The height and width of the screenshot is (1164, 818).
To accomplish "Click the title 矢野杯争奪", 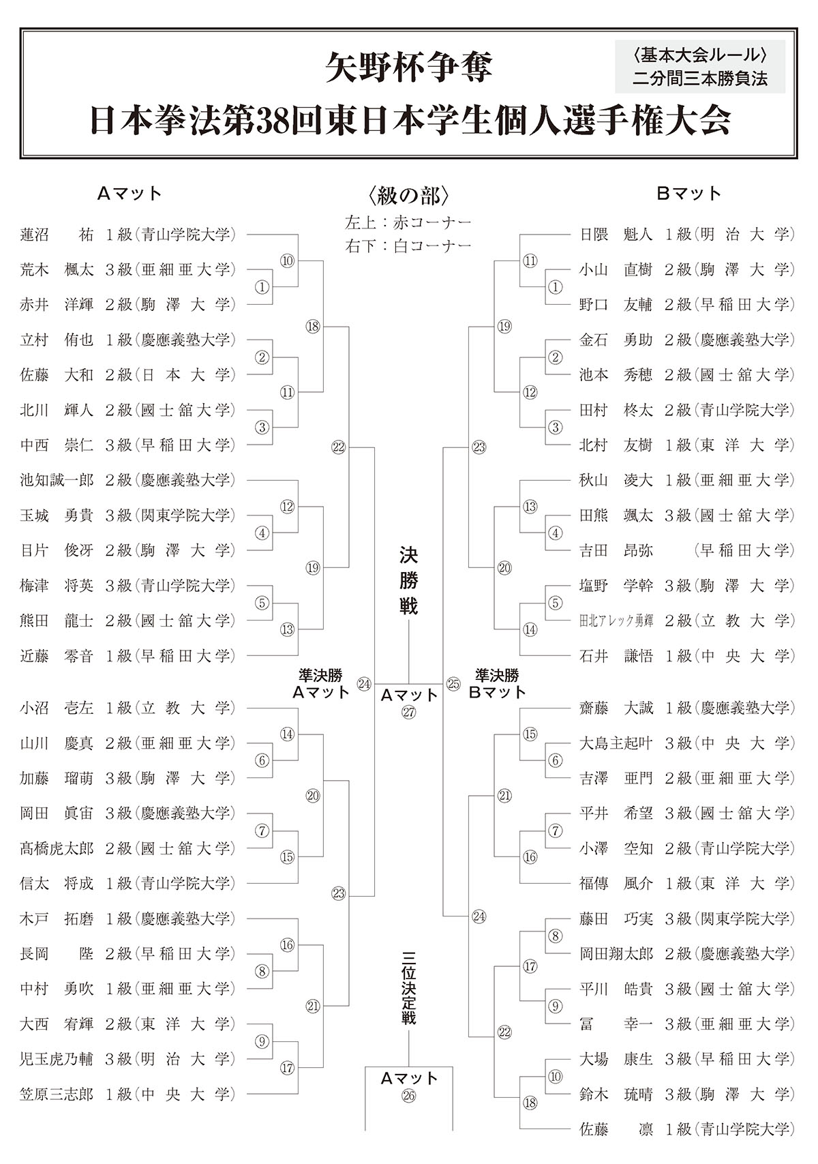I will tap(408, 68).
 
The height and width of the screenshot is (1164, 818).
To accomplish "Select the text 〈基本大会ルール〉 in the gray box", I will tap(699, 53).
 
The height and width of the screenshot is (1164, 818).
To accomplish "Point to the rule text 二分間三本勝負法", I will tap(699, 78).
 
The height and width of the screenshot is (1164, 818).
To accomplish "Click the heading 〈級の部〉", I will tap(408, 196).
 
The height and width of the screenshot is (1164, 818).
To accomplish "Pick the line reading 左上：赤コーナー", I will tap(408, 222).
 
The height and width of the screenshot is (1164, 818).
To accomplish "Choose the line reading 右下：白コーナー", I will tap(408, 245).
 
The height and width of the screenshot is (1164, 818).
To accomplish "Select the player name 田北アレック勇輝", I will tap(616, 621).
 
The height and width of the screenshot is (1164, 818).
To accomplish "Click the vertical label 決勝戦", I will tap(408, 581).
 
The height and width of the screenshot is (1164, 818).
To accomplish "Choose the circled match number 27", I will tap(408, 712).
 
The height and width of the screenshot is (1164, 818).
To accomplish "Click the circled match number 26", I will tap(408, 1096).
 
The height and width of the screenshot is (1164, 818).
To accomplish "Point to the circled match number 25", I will tap(453, 683).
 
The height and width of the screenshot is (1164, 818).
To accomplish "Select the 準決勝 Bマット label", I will tap(500, 683).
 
